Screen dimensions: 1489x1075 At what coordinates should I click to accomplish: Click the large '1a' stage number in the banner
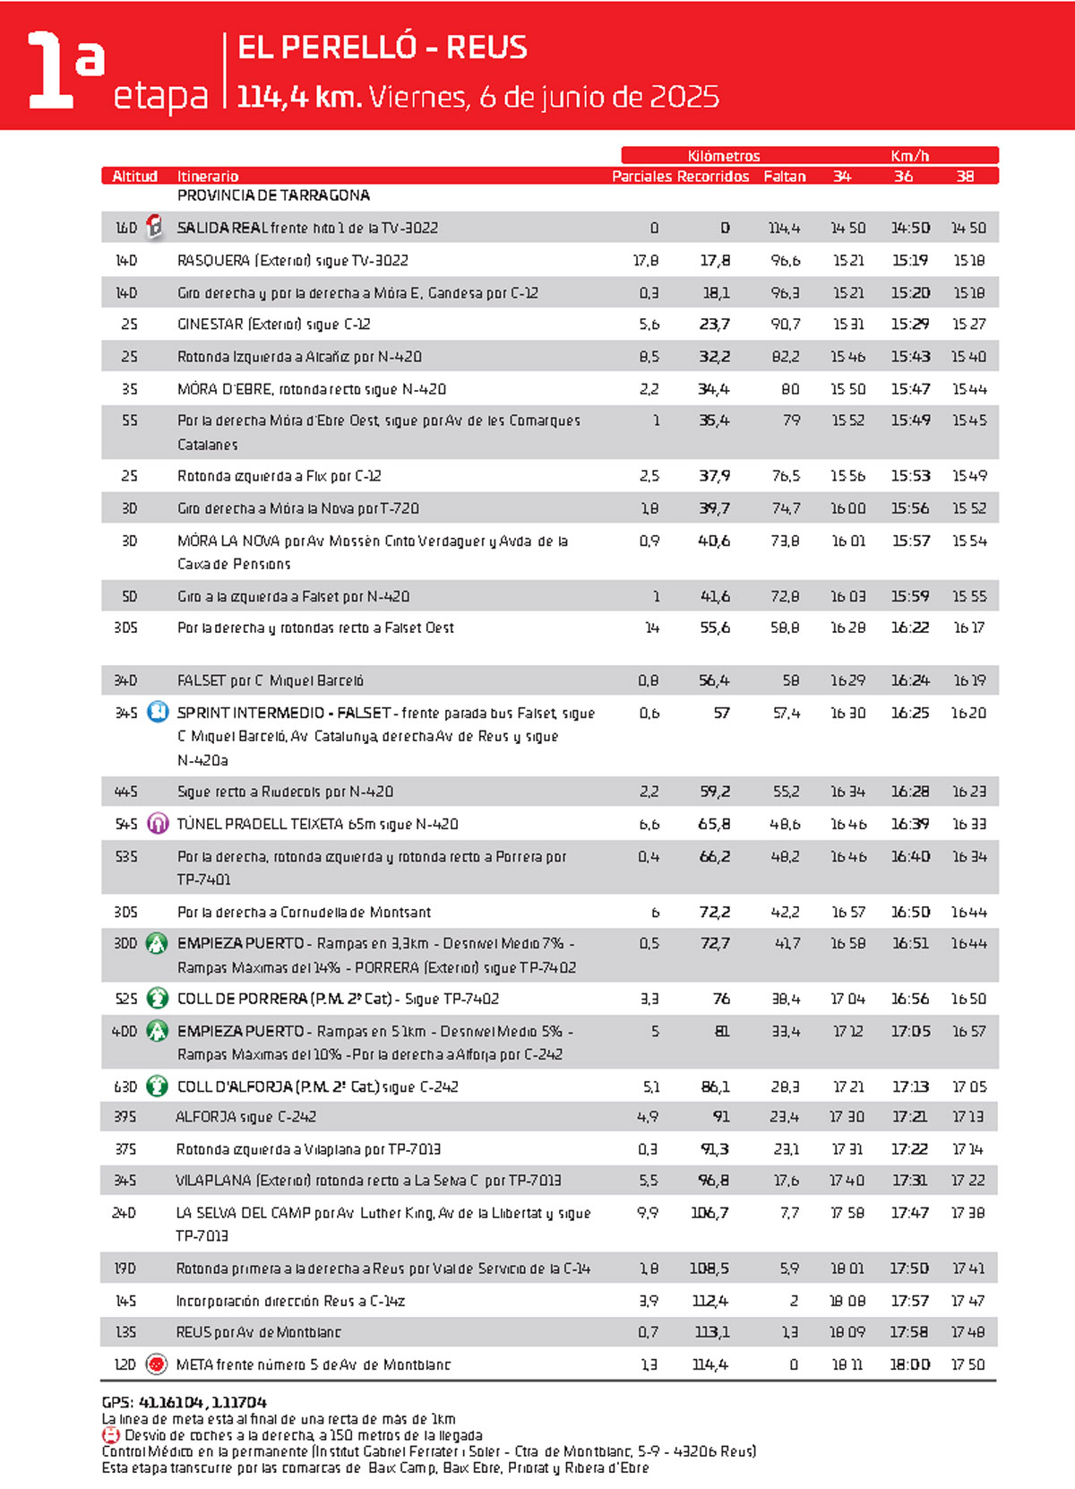coord(64,70)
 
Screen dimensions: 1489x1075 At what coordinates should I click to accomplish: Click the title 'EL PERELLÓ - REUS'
coord(383,47)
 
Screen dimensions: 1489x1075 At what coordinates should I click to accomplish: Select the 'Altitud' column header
coord(134,177)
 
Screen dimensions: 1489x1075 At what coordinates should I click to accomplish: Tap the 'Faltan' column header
coord(784,177)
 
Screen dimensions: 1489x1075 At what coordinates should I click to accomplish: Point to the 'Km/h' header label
coord(909,156)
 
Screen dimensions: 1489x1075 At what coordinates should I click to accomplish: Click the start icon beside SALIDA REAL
coord(155,227)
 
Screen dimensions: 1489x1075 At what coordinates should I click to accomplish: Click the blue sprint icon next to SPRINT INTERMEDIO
coord(158,713)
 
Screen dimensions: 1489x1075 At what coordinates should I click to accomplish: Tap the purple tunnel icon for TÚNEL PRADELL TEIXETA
coord(158,823)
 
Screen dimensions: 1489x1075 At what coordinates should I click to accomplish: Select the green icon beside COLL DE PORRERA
coord(158,998)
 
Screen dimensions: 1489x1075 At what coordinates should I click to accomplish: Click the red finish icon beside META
coord(157,1364)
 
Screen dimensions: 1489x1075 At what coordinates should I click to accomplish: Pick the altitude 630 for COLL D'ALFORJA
coord(125,1086)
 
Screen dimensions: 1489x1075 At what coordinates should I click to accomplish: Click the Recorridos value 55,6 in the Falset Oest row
coord(714,628)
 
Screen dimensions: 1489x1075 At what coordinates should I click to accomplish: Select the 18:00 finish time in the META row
coord(909,1364)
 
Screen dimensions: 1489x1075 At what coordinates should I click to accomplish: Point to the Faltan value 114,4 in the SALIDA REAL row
coord(784,228)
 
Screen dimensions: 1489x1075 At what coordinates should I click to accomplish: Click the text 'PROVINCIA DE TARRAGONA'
coord(273,195)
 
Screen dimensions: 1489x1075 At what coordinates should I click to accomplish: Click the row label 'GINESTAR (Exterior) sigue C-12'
coord(274,325)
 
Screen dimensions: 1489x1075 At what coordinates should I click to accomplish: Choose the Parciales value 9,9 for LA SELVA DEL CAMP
coord(648,1213)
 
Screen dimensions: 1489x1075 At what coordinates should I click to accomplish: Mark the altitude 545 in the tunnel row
coord(126,824)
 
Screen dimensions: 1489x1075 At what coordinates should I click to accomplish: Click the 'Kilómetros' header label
coord(724,156)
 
